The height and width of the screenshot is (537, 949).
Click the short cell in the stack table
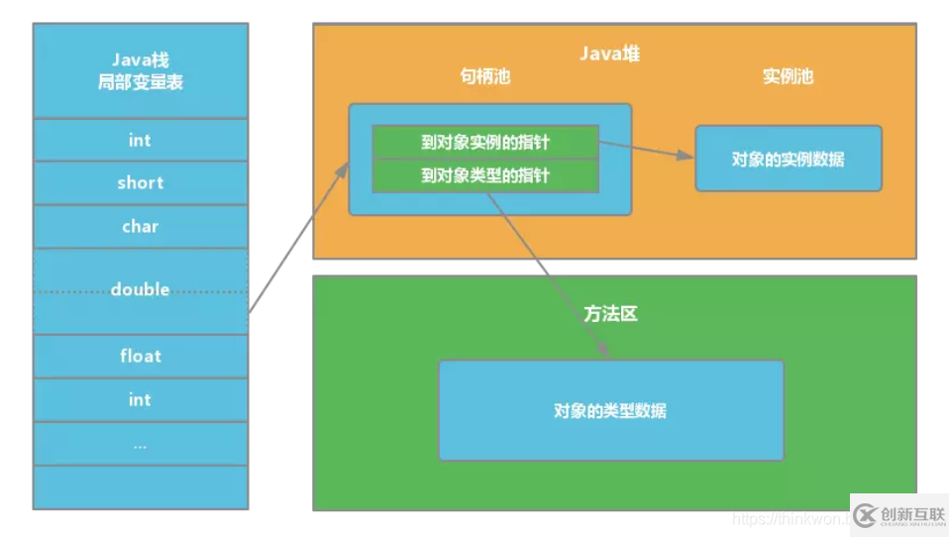(x=140, y=183)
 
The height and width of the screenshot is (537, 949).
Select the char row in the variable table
(x=140, y=227)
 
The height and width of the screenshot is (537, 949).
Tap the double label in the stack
(x=140, y=289)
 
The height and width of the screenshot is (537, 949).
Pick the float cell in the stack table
(x=140, y=356)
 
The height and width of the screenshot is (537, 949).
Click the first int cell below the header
(x=140, y=140)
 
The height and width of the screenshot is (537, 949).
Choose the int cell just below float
(x=140, y=399)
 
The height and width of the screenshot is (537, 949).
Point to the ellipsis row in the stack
(x=140, y=445)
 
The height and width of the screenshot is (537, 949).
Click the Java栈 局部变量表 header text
(x=140, y=72)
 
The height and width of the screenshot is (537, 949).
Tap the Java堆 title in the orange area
(x=609, y=54)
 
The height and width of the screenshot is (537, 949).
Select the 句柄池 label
(x=484, y=76)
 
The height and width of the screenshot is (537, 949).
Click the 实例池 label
(x=788, y=76)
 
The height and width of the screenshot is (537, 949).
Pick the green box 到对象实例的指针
(x=484, y=142)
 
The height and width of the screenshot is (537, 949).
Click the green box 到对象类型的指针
(x=484, y=175)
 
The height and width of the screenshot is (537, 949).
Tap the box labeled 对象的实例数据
(x=788, y=159)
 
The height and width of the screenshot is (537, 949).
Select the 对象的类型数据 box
(x=610, y=410)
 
